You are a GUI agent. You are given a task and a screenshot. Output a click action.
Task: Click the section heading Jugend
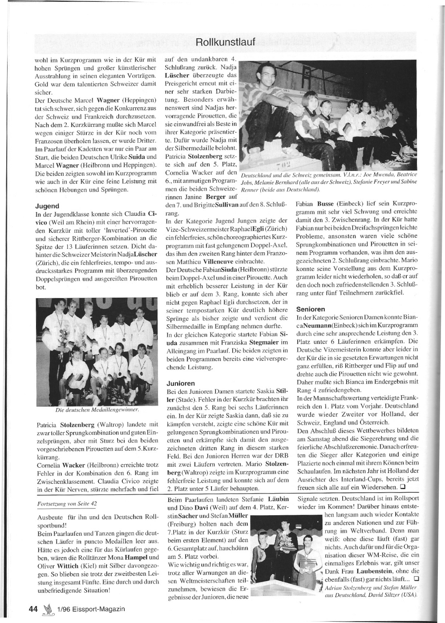click(x=47, y=206)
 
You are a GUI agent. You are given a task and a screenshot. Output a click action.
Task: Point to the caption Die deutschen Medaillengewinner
click(x=97, y=409)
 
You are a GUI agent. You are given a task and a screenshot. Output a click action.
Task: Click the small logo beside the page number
click(x=46, y=608)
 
